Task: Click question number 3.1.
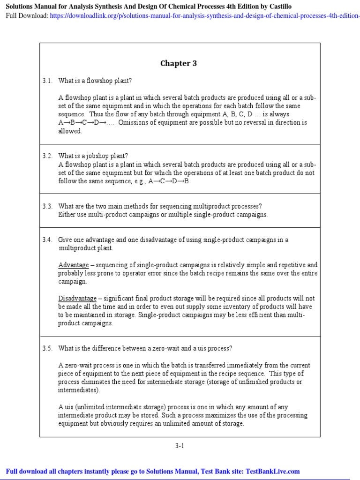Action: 47,81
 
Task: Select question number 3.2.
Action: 47,156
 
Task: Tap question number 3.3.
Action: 47,206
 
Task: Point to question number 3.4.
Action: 47,240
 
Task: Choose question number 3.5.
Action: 47,348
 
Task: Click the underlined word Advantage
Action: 73,265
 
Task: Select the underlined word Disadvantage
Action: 77,299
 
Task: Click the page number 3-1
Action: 180,446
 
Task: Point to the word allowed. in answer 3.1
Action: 70,131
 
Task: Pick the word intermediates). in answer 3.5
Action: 79,390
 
